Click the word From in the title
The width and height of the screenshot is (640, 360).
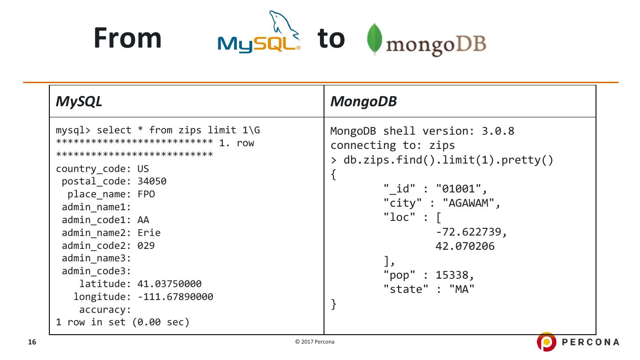(128, 38)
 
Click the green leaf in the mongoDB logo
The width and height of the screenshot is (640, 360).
(374, 39)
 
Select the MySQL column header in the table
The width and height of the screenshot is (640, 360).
(79, 101)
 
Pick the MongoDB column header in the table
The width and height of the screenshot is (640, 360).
(363, 101)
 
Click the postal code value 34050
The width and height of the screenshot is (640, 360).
(152, 181)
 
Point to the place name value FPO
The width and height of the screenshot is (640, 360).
(146, 194)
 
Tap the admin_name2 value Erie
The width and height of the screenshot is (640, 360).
(149, 233)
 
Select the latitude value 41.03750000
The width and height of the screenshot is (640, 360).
(169, 284)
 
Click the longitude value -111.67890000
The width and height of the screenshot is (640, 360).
(175, 297)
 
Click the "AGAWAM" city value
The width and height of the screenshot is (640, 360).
(468, 203)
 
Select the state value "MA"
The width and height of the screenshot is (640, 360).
(462, 289)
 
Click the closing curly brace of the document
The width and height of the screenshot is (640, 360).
(334, 304)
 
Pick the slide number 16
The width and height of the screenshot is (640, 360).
(32, 342)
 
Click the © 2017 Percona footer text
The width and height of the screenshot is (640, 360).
(315, 342)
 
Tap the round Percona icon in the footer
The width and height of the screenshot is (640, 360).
(546, 342)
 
